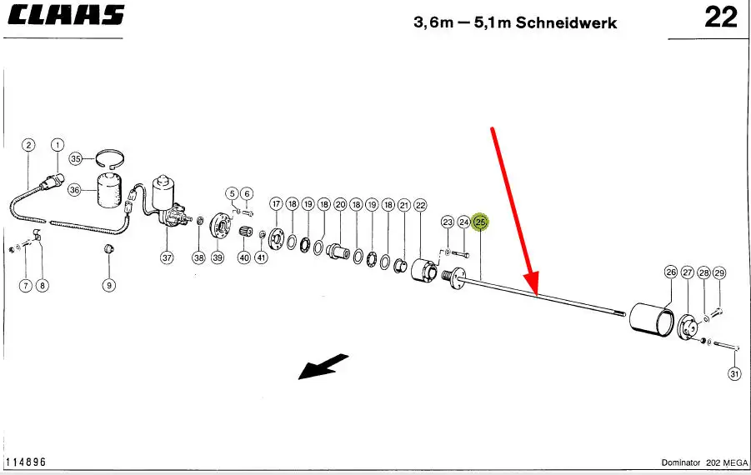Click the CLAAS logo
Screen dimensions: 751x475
[x=65, y=15]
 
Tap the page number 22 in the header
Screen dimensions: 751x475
[x=721, y=17]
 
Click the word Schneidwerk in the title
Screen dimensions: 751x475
[x=567, y=22]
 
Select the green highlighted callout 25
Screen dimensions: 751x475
[x=480, y=222]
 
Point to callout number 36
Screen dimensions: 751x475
[x=75, y=190]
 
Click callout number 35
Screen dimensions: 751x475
[x=75, y=158]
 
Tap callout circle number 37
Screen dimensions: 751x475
[x=167, y=257]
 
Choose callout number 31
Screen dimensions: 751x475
[x=734, y=374]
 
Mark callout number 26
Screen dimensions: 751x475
[x=671, y=272]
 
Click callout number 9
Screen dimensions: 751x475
[x=109, y=286]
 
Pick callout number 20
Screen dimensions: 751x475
[x=340, y=204]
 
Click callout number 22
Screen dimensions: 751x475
[x=420, y=205]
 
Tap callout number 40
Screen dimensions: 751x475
[x=244, y=257]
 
